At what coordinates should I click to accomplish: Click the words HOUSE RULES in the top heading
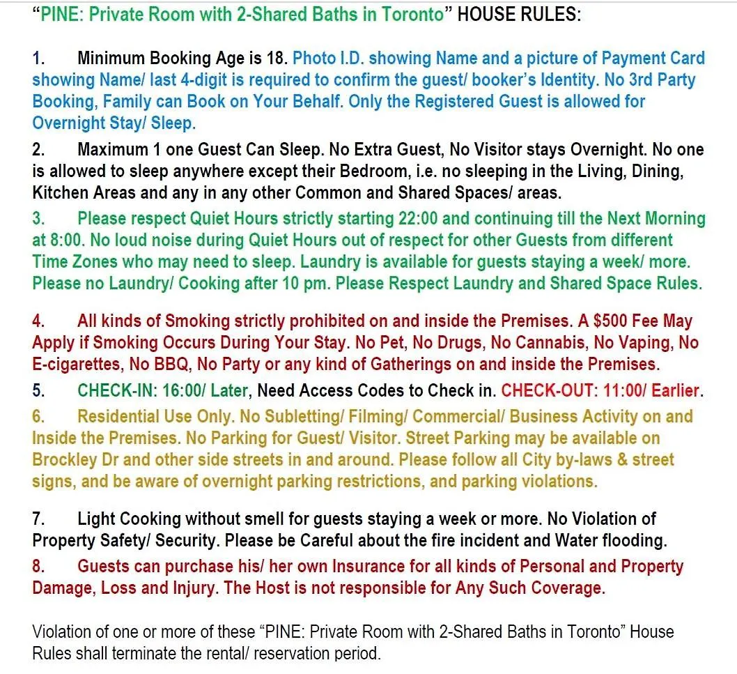pyautogui.click(x=518, y=15)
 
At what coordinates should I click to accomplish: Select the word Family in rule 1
pyautogui.click(x=127, y=102)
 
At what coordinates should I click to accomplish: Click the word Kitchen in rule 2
pyautogui.click(x=60, y=192)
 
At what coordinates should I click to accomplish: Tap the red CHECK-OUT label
pyautogui.click(x=552, y=390)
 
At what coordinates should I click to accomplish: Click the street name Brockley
pyautogui.click(x=65, y=460)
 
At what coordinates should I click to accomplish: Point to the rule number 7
pyautogui.click(x=38, y=519)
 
